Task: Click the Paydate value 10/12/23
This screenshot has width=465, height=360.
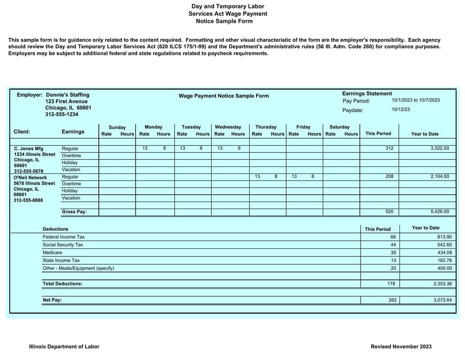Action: click(x=400, y=110)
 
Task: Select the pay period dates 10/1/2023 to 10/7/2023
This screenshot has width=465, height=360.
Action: click(x=415, y=100)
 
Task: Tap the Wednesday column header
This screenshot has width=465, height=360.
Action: click(x=228, y=127)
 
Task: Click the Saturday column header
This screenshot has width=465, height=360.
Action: click(x=340, y=127)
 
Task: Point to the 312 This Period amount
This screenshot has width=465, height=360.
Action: click(x=389, y=149)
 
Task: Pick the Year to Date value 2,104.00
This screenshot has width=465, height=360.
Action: click(x=439, y=177)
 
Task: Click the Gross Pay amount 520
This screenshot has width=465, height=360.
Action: click(x=389, y=212)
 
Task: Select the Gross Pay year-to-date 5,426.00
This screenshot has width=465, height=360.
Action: click(x=439, y=212)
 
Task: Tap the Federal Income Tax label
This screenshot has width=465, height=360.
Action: click(x=64, y=237)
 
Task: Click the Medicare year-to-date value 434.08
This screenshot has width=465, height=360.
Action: click(x=444, y=253)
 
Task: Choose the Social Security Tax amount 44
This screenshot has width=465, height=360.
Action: click(x=393, y=245)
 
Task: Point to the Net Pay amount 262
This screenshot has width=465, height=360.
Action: click(x=392, y=300)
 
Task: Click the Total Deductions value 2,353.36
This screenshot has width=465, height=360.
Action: click(x=443, y=284)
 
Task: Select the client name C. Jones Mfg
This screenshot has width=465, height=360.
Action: click(x=29, y=149)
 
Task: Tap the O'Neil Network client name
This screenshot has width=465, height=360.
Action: click(x=30, y=178)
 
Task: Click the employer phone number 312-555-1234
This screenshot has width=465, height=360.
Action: click(x=62, y=114)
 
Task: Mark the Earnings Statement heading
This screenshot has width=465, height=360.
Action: click(x=367, y=94)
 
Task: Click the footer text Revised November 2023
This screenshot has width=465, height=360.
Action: click(x=401, y=347)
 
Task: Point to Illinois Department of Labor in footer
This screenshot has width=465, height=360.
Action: click(x=64, y=347)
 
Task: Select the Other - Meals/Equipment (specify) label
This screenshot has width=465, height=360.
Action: click(x=78, y=269)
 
